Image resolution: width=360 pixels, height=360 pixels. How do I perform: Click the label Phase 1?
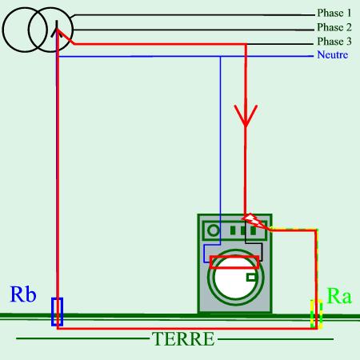[334, 13]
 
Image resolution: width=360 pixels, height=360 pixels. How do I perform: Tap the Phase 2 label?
[334, 27]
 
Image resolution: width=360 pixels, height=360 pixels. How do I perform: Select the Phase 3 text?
[334, 42]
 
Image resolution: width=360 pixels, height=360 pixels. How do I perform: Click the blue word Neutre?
[333, 54]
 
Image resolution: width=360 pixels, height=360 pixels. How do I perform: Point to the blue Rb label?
[23, 294]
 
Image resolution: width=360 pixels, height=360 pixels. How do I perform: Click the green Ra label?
[339, 296]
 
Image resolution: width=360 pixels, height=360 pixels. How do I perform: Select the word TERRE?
[183, 339]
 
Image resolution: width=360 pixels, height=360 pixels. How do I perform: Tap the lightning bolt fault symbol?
[254, 221]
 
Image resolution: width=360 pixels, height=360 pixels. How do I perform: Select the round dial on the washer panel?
[214, 230]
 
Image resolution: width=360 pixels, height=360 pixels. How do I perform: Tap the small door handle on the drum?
[251, 278]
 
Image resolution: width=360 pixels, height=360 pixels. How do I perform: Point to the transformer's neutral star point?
[57, 30]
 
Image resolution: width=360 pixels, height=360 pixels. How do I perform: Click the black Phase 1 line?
[193, 15]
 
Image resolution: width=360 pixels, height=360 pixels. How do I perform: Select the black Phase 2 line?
[193, 30]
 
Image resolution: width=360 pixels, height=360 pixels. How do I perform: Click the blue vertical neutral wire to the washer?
[220, 150]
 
